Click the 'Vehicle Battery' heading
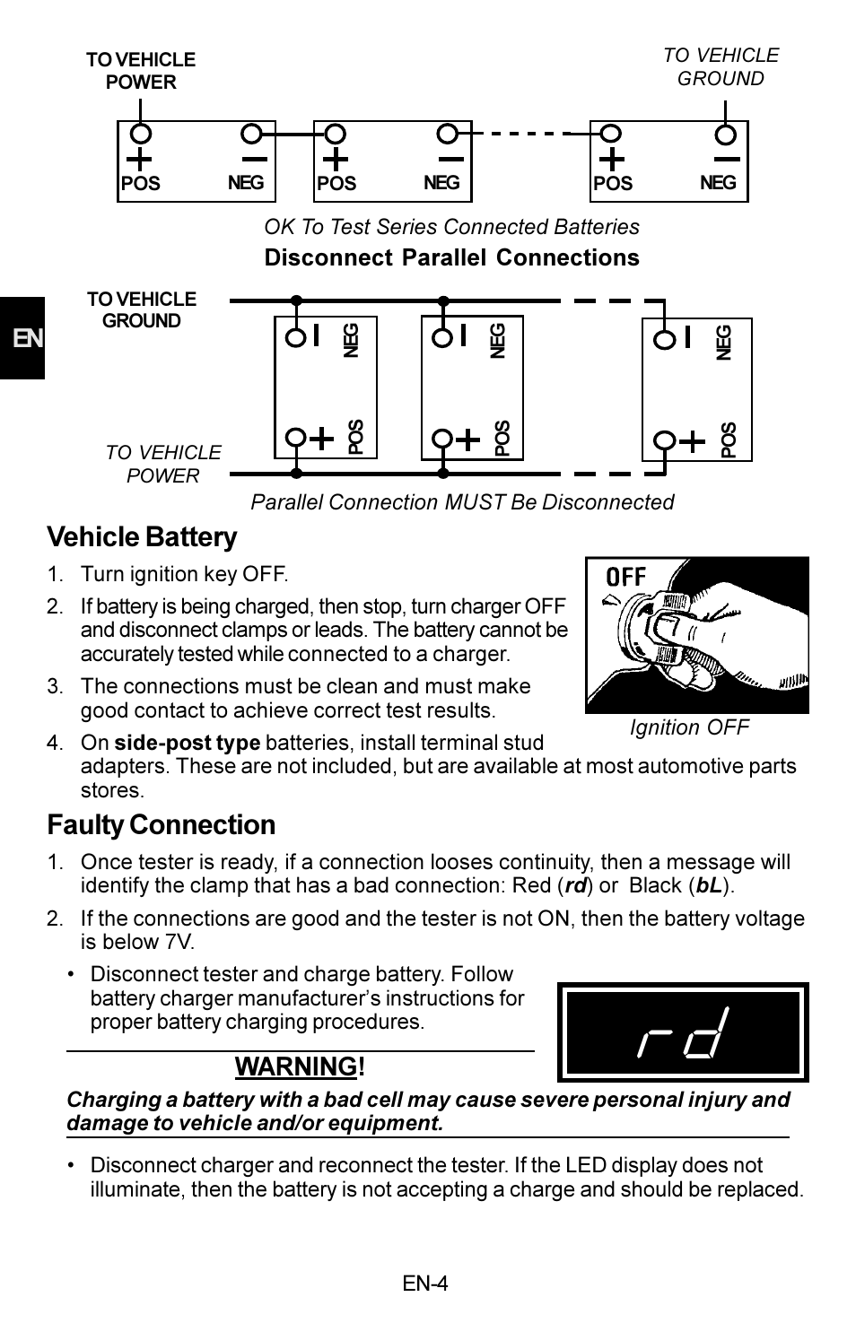(142, 537)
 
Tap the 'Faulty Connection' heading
(161, 825)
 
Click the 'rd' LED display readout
(682, 1032)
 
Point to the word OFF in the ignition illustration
(626, 577)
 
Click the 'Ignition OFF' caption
(688, 727)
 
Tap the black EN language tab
(22, 338)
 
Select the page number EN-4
(424, 1284)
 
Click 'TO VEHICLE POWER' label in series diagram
(141, 71)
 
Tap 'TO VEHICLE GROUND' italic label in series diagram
(721, 67)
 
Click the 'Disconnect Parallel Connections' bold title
(451, 258)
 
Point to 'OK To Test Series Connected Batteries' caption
(451, 227)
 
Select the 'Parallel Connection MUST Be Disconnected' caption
(462, 502)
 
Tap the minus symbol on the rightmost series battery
(726, 160)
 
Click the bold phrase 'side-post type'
(187, 743)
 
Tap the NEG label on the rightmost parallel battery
(725, 342)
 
